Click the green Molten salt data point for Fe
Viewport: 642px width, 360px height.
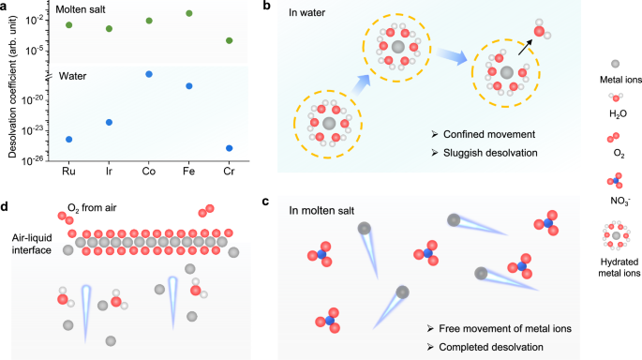pyautogui.click(x=189, y=14)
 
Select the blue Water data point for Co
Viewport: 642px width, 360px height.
pyautogui.click(x=149, y=74)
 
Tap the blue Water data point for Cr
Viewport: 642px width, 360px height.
pyautogui.click(x=230, y=148)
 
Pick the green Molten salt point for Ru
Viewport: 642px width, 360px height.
pyautogui.click(x=68, y=24)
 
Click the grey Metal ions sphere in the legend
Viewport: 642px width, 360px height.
pyautogui.click(x=615, y=63)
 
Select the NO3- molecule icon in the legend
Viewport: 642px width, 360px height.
pyautogui.click(x=615, y=179)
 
